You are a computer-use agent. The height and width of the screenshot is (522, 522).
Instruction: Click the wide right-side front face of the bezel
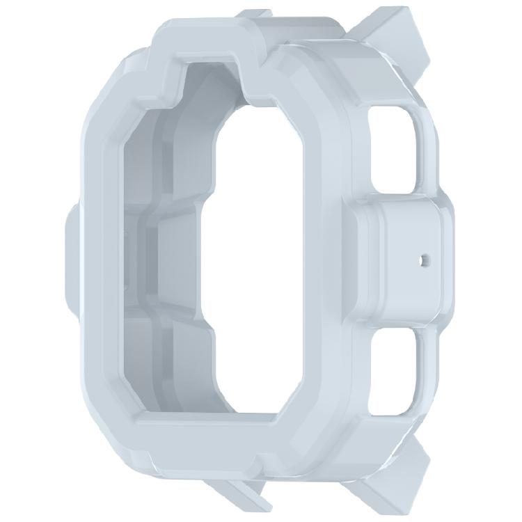tap(327, 258)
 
